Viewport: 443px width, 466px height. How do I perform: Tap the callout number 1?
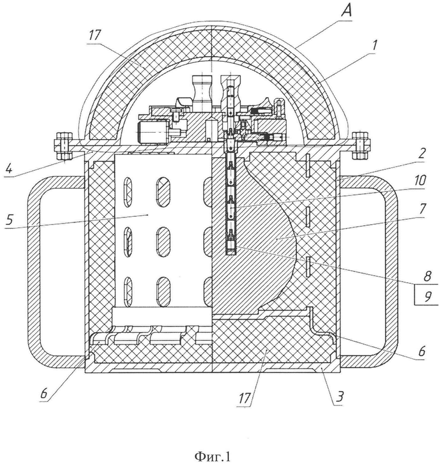pos(374,46)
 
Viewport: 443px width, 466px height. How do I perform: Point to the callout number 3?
pos(340,396)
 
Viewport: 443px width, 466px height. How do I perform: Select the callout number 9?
pos(427,296)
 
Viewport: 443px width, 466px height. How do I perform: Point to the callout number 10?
pos(420,180)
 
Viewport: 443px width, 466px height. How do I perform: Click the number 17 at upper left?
pos(94,36)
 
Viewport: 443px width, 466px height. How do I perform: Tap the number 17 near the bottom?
pos(244,398)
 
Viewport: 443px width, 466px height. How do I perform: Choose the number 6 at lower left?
pos(44,393)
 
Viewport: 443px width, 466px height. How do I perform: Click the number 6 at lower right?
pos(421,351)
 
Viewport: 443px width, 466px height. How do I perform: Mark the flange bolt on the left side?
pos(63,145)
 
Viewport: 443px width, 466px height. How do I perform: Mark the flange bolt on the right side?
pos(361,145)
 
